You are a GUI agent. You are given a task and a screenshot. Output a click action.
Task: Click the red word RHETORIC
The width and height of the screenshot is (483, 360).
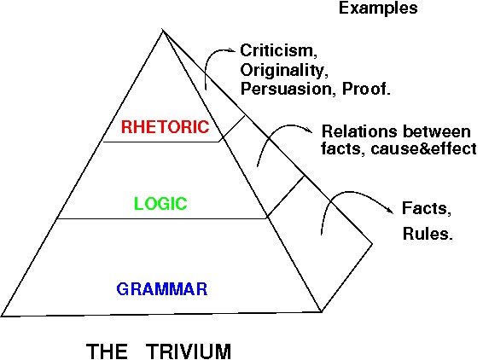[165, 127]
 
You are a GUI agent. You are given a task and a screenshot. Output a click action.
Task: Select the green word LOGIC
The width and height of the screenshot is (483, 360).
[160, 203]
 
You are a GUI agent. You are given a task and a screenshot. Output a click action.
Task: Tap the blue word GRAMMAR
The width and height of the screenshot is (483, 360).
[162, 289]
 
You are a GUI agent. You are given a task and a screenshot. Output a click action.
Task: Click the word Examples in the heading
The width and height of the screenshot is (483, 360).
[378, 8]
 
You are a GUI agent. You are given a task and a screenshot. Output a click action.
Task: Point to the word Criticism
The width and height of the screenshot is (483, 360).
[278, 50]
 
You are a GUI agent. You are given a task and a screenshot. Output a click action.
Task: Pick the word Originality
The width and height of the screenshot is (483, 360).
[283, 71]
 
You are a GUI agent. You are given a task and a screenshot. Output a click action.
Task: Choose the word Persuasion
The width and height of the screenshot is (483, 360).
[288, 89]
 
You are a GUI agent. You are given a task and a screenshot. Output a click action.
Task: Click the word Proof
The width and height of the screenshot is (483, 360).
[367, 89]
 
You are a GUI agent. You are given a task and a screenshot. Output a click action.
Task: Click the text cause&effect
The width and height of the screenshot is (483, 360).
[424, 148]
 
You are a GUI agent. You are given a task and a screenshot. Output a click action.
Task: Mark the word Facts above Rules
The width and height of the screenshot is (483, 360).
[427, 209]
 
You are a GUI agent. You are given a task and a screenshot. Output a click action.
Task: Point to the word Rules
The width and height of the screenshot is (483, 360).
[428, 234]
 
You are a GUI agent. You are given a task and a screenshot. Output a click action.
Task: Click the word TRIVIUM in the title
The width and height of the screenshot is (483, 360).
[189, 351]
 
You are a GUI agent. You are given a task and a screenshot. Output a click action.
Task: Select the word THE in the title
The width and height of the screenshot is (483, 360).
[107, 351]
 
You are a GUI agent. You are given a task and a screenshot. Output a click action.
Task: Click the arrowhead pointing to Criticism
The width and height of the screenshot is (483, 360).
[231, 50]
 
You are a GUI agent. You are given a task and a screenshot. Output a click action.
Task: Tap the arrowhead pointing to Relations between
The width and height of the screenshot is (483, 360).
[309, 131]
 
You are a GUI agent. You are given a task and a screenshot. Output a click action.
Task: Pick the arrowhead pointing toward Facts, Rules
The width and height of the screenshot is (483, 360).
[390, 210]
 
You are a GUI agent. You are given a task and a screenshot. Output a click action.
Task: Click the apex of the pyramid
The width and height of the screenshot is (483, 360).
[163, 30]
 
